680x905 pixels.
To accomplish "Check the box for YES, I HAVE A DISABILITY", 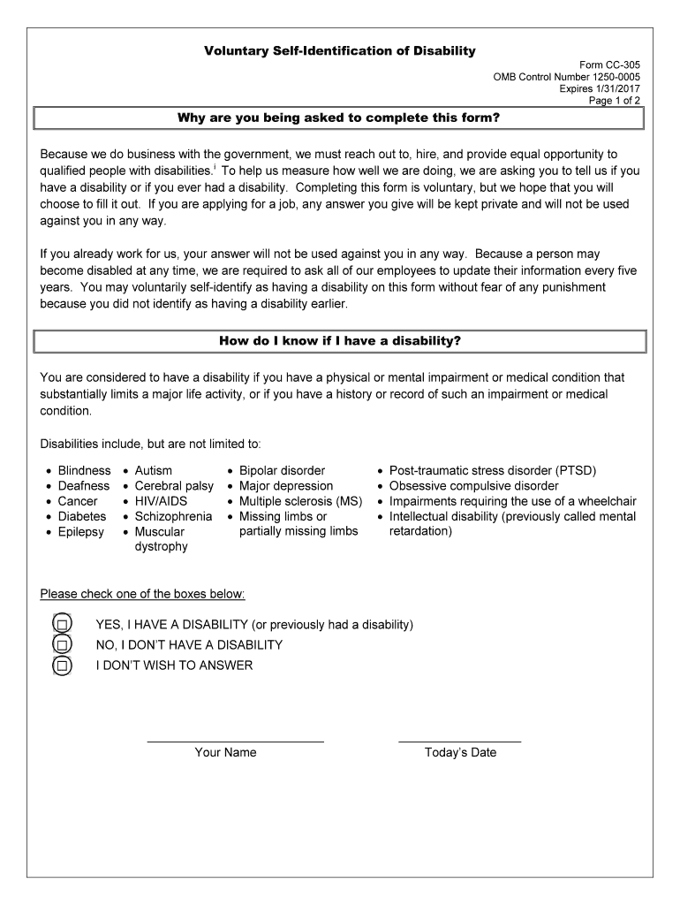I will (62, 625).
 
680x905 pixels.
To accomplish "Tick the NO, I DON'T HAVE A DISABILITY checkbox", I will (62, 645).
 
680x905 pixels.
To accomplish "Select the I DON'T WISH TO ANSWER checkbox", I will (62, 665).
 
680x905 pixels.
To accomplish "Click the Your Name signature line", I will (235, 741).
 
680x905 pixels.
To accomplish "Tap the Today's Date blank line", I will (459, 741).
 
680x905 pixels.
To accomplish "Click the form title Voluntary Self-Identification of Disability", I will (340, 51).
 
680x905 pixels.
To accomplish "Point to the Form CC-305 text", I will (609, 65).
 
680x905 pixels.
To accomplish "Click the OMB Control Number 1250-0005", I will (567, 77).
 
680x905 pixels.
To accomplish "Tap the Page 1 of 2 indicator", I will (615, 100).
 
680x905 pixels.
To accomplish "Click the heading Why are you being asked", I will (340, 118).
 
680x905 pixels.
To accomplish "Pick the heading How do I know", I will (340, 340).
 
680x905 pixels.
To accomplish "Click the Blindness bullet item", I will (84, 470).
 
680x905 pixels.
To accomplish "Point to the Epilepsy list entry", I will (80, 532).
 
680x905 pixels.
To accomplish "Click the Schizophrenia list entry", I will (173, 516).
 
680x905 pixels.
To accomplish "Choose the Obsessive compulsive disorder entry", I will (473, 485).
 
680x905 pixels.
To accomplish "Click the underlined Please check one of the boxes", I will (142, 593).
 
